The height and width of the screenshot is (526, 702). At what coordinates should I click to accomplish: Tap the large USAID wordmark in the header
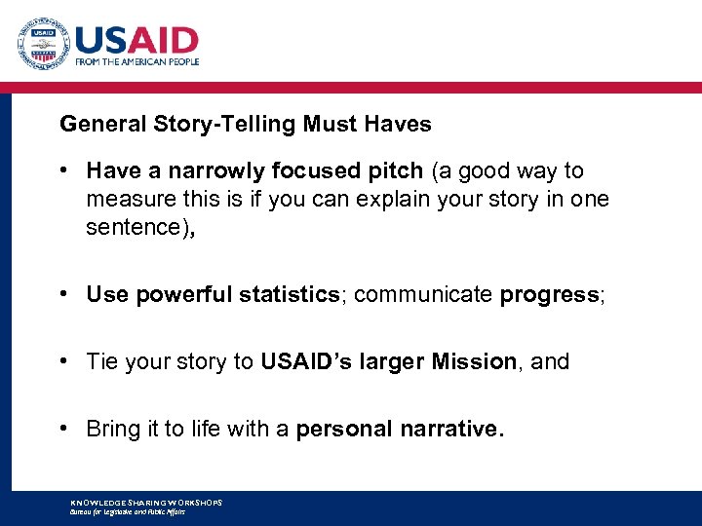pyautogui.click(x=136, y=39)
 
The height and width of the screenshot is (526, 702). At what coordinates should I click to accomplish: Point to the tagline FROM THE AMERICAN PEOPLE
pyautogui.click(x=136, y=61)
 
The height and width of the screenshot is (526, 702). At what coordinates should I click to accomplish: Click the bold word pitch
pyautogui.click(x=395, y=171)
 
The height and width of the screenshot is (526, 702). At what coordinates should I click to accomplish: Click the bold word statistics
pyautogui.click(x=285, y=295)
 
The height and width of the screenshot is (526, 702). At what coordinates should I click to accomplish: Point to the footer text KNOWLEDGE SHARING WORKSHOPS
pyautogui.click(x=146, y=503)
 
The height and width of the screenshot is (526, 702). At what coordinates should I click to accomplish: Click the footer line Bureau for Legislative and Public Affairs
pyautogui.click(x=128, y=511)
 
